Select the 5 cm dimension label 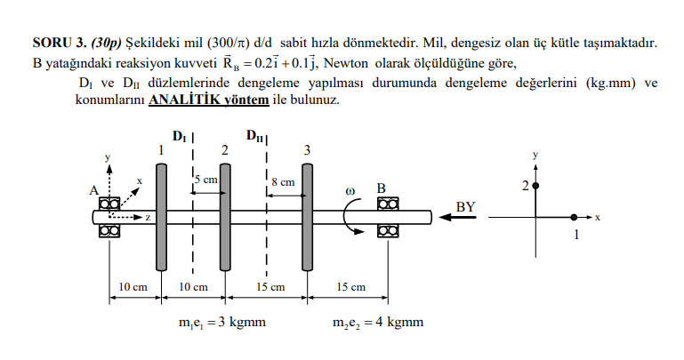tap(206, 180)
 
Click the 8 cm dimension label tap(283, 181)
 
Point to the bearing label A tap(93, 189)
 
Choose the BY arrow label tap(465, 207)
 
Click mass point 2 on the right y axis tap(535, 185)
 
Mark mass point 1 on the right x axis tap(575, 216)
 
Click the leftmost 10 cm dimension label tap(133, 287)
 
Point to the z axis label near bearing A tap(147, 217)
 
